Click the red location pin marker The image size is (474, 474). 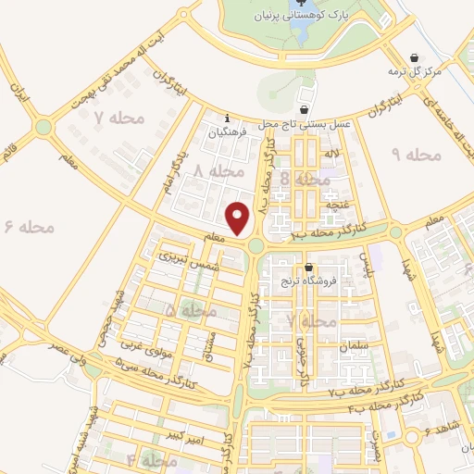tap(239, 218)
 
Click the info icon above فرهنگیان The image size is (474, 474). tap(230, 118)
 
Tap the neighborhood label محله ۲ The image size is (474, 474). tap(311, 320)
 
